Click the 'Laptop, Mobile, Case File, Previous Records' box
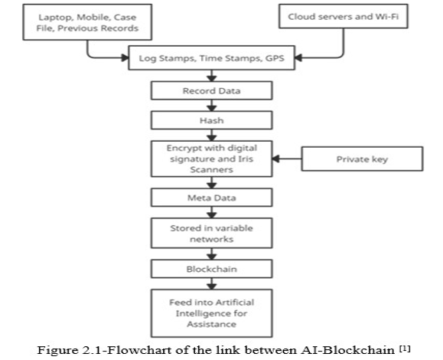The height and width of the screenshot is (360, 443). pyautogui.click(x=87, y=22)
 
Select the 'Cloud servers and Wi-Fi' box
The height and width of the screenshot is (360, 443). pyautogui.click(x=344, y=16)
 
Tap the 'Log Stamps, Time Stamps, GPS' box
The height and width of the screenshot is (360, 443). pyautogui.click(x=212, y=57)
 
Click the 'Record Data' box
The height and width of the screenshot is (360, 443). pyautogui.click(x=212, y=90)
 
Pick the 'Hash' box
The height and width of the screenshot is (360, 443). pyautogui.click(x=212, y=120)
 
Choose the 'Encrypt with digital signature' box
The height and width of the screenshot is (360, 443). pyautogui.click(x=212, y=159)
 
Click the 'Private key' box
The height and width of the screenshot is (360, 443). pyautogui.click(x=362, y=159)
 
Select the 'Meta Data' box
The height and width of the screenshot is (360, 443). pyautogui.click(x=212, y=198)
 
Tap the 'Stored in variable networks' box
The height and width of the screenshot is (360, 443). pyautogui.click(x=212, y=233)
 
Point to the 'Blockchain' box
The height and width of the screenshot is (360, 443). pyautogui.click(x=212, y=269)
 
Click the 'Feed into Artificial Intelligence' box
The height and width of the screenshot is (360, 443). pyautogui.click(x=212, y=313)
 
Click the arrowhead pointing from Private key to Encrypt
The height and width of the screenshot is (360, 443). pyautogui.click(x=276, y=159)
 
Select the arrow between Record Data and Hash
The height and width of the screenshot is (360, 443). pyautogui.click(x=212, y=105)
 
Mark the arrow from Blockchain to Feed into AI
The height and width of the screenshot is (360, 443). pyautogui.click(x=212, y=283)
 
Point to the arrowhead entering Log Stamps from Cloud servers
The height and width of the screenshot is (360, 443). pyautogui.click(x=298, y=57)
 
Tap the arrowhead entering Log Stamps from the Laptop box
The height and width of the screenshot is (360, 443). pyautogui.click(x=125, y=57)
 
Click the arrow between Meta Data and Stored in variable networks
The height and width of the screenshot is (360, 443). pyautogui.click(x=212, y=212)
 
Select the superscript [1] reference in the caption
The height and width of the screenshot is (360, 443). pyautogui.click(x=405, y=348)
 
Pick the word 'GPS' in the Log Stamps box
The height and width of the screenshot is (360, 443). pyautogui.click(x=275, y=58)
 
